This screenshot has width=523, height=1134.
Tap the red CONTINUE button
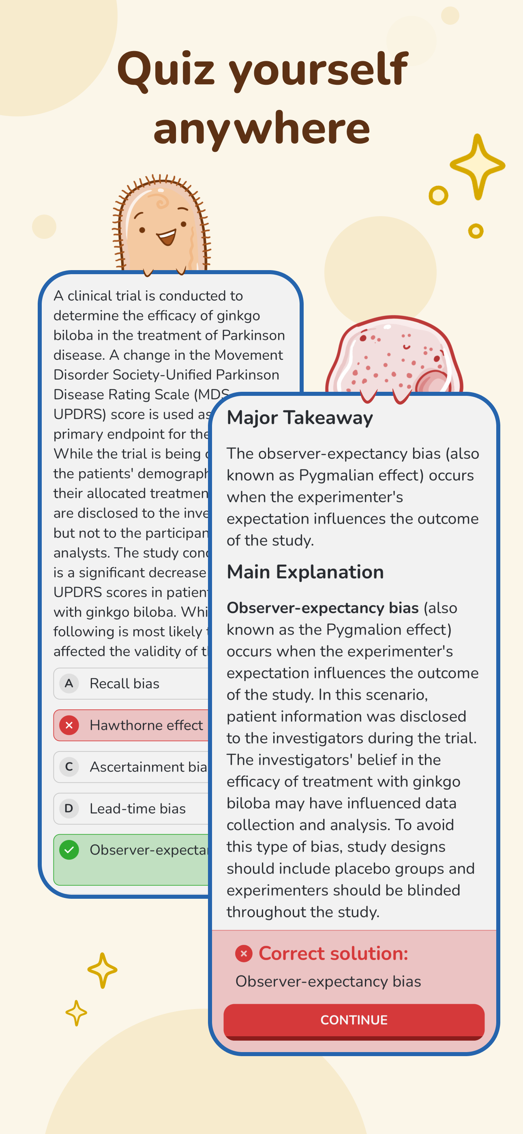coord(354,1020)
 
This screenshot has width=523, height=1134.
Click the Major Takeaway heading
coord(299,417)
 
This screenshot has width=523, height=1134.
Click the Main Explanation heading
coord(304,572)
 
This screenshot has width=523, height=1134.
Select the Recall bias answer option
coord(124,683)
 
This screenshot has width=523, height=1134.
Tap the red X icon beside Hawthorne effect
coord(69,725)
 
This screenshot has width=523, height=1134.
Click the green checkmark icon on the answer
coord(69,850)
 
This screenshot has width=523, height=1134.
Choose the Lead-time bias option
coord(137,808)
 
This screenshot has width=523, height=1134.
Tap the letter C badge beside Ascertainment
coord(69,767)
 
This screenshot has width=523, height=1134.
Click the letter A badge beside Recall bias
coord(69,683)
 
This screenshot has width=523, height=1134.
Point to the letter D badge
coord(69,808)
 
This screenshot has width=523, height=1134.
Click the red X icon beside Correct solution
coord(243,954)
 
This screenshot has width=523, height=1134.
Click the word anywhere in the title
coord(261,129)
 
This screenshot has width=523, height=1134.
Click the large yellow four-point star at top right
coord(477,166)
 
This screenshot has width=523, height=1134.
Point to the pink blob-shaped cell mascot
coord(394,354)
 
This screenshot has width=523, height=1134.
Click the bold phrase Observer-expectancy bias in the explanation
coord(322,608)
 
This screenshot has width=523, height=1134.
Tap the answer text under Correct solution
coord(328,981)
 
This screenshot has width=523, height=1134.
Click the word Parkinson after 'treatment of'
coord(253,335)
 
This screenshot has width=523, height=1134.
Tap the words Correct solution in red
coord(333,954)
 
